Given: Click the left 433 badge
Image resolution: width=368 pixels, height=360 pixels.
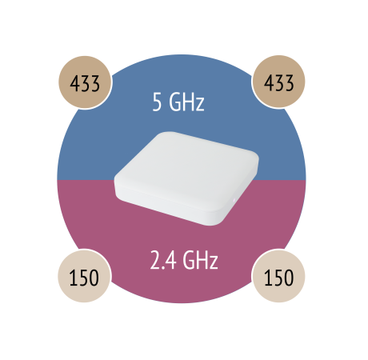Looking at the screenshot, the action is pos(85,82).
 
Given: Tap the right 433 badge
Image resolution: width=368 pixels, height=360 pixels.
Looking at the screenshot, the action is pos(278,82).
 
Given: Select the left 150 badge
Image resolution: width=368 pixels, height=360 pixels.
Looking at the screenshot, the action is pos(84,276).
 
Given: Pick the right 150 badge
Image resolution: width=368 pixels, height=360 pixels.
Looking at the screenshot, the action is pos(278,276).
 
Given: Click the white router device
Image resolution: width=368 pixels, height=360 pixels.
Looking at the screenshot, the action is pos(186,178).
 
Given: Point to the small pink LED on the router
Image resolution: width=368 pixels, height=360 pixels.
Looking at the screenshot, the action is pos(234,200).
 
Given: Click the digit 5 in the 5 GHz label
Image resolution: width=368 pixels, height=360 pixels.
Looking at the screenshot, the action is pos(157,102).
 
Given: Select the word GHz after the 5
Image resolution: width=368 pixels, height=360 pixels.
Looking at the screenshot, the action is pos(186,102).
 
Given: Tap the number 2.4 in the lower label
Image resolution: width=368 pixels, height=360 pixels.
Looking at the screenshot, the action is pos(163,260).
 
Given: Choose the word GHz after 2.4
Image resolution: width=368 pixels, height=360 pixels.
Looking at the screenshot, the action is pos(201,259).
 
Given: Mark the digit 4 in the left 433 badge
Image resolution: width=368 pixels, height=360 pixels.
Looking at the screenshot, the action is pos(75,83).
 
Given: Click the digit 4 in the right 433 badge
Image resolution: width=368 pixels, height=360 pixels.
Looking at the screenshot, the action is pos(269,82).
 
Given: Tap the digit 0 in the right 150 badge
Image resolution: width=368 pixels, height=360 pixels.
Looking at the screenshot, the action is pos(289,278).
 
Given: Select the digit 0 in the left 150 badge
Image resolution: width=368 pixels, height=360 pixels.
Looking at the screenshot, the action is pos(94,278).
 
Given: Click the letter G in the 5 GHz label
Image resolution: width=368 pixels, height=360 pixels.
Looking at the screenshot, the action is pos(175,102).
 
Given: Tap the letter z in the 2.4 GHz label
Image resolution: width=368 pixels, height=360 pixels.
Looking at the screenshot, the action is pos(214,262).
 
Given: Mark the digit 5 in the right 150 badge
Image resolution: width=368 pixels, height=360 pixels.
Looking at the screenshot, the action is pos(278,278).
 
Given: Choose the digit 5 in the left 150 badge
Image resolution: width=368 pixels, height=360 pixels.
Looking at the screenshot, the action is pos(83,278).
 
